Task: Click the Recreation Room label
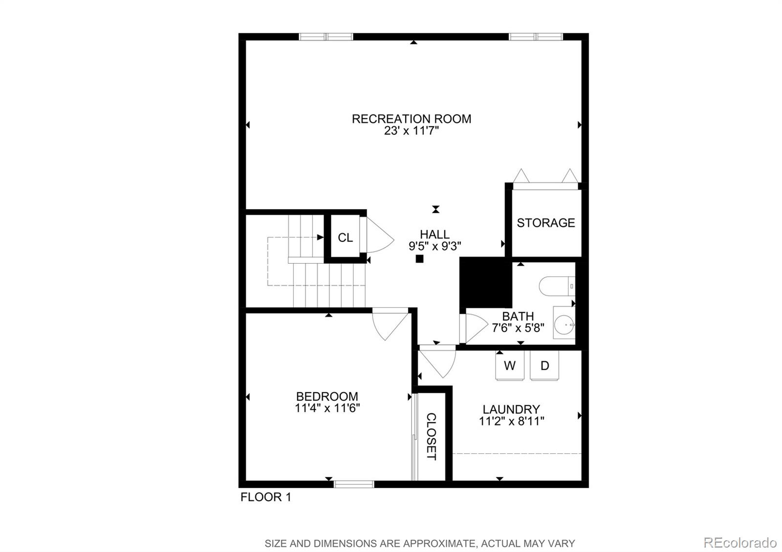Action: (411, 119)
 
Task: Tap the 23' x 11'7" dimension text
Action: (411, 131)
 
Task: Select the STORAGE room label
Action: (545, 223)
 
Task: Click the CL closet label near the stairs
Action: (345, 238)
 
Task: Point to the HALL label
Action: (434, 234)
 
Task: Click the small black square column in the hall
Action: (419, 259)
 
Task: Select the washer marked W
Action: (510, 366)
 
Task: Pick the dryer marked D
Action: (544, 366)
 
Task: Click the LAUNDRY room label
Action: (511, 409)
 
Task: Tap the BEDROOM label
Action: (327, 396)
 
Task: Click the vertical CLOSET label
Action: (431, 436)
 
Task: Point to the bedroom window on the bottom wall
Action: (354, 484)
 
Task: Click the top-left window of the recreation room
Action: (326, 37)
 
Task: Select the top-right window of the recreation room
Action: (536, 37)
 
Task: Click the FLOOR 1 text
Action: (265, 497)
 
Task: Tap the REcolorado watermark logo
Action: (739, 542)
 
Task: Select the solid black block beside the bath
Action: (485, 283)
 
